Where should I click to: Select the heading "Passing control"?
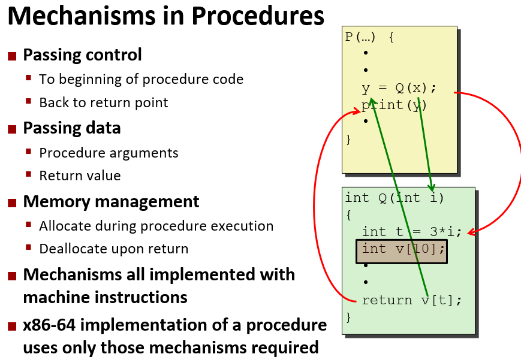[82, 55]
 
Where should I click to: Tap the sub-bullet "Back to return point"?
[104, 102]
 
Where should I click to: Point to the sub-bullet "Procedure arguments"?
[109, 153]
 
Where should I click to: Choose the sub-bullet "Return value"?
[80, 176]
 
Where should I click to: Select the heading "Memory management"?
[111, 202]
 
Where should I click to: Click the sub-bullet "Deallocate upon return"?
[113, 249]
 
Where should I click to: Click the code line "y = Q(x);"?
[399, 88]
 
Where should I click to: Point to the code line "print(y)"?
[394, 105]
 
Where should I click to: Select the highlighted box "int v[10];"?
[402, 249]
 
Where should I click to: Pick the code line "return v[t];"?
[412, 300]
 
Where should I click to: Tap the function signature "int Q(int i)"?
[394, 198]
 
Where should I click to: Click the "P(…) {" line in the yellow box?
[369, 37]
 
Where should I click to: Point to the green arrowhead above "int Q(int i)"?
[432, 187]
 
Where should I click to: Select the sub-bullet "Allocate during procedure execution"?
[156, 226]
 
